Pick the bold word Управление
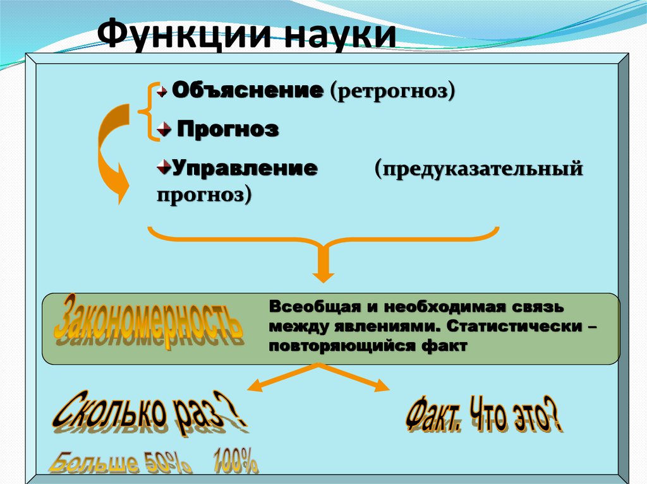point(245,168)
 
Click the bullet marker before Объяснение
point(163,91)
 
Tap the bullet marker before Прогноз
point(165,130)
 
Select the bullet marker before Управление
point(162,167)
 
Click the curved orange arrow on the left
point(107,151)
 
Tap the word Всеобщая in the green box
point(309,307)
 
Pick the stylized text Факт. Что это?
point(483,416)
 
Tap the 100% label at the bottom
point(235,460)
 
